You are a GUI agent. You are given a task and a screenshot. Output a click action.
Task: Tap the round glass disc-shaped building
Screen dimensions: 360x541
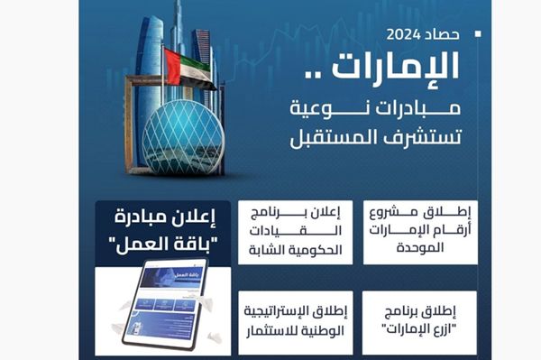(x=182, y=136)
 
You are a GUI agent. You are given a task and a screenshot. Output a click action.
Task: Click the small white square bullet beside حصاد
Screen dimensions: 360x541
(x=478, y=35)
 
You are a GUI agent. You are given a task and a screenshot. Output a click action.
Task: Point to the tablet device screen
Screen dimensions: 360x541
(x=163, y=300)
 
